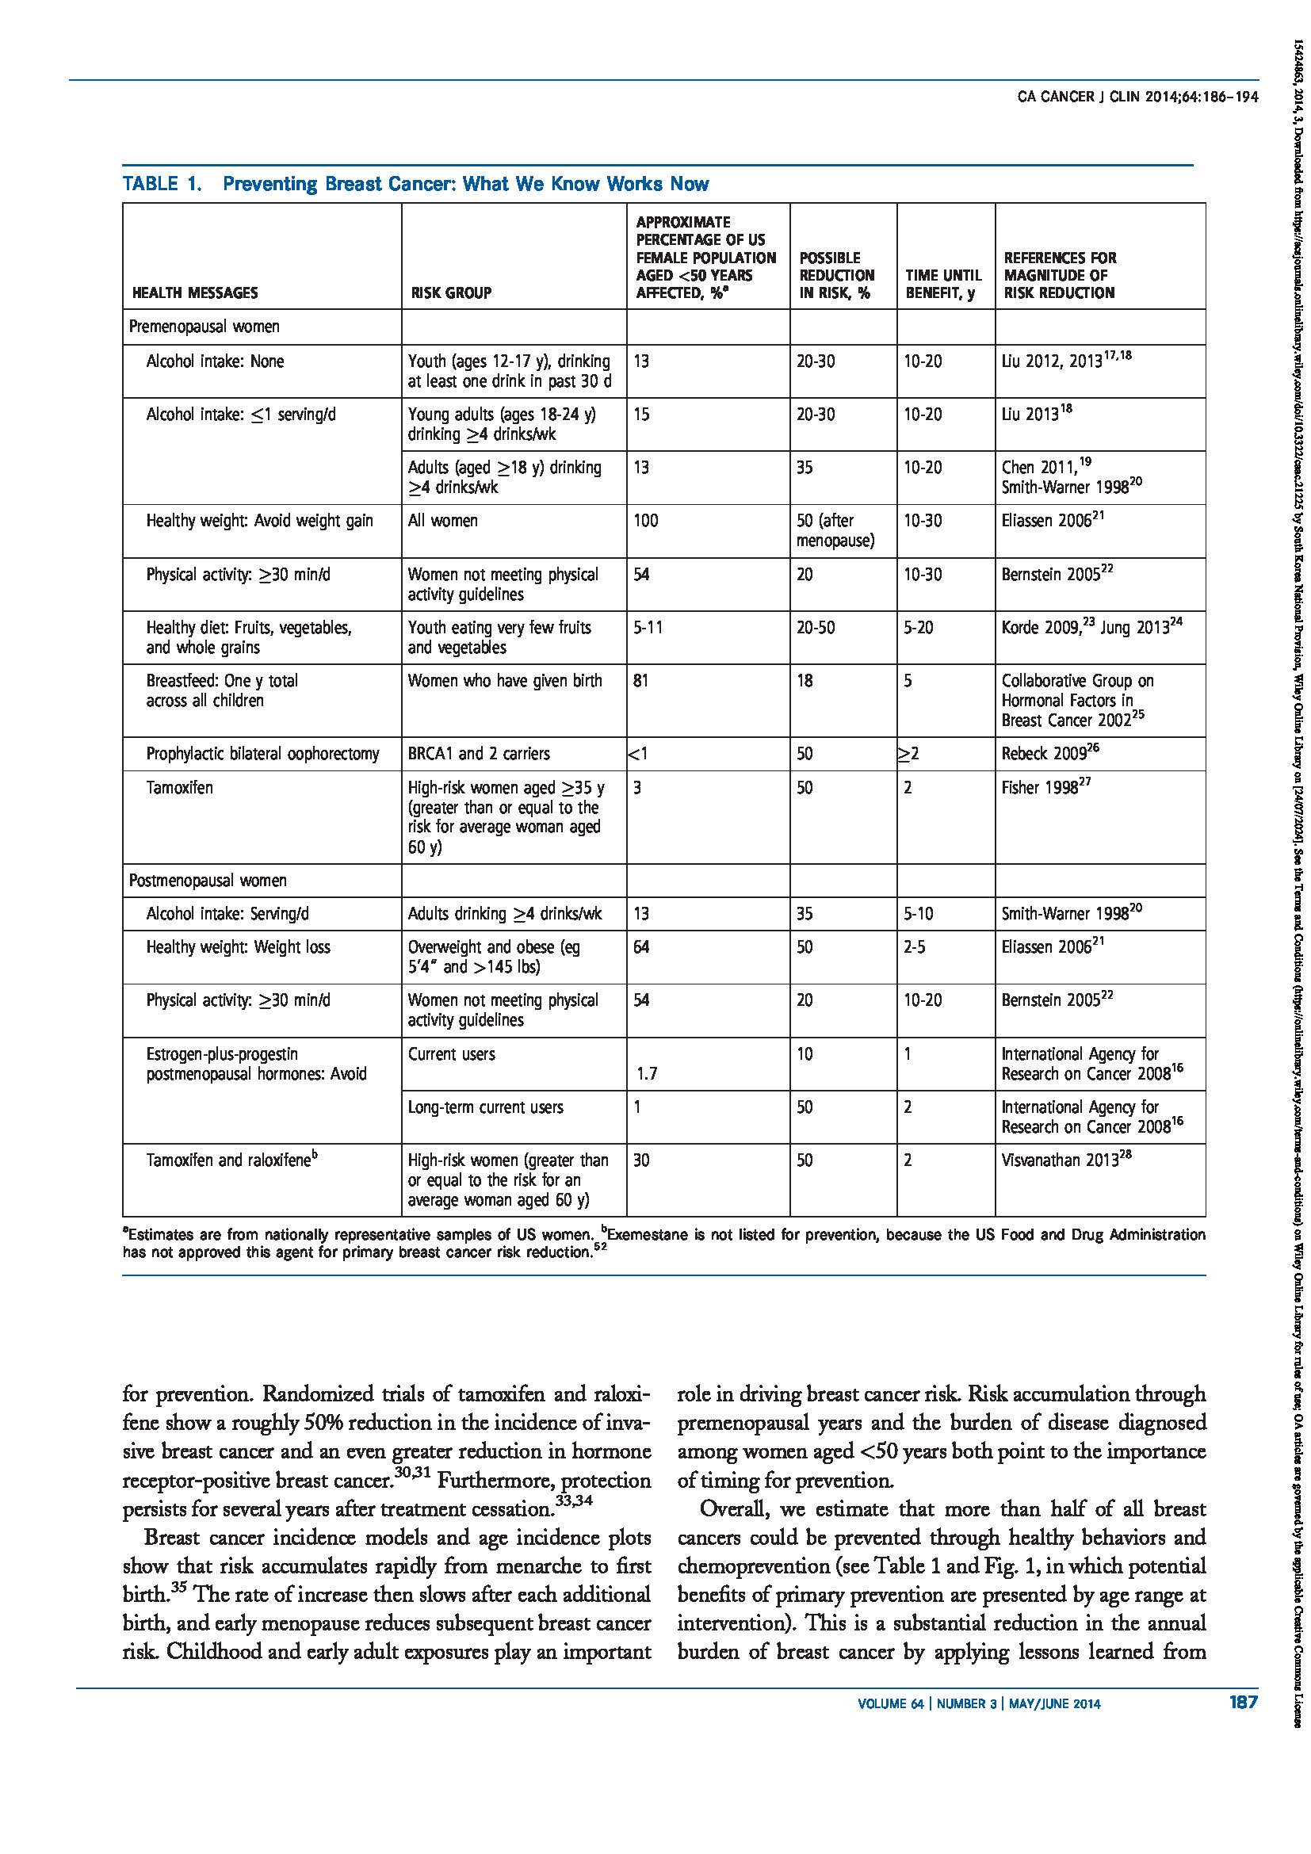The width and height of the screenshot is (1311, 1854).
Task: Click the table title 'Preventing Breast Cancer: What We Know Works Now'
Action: click(465, 184)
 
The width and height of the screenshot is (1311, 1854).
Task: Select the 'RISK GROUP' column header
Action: click(450, 292)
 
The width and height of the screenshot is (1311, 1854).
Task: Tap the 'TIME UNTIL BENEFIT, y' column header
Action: click(943, 284)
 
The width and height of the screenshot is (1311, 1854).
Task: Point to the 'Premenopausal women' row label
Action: click(204, 327)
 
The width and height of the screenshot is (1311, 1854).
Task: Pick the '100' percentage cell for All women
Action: click(646, 521)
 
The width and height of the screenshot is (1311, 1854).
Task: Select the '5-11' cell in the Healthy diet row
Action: click(648, 628)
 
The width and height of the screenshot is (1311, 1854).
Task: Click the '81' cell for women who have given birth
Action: click(641, 681)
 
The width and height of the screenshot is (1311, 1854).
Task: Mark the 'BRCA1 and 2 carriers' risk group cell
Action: click(479, 753)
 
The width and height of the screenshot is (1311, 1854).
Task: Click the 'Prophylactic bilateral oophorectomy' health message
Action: click(262, 753)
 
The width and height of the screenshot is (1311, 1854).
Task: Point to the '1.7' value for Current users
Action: click(647, 1074)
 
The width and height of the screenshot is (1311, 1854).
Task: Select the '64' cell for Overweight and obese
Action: click(641, 946)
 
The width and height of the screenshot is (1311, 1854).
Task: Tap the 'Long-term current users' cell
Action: click(485, 1107)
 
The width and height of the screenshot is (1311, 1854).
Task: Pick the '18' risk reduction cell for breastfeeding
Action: click(805, 681)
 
